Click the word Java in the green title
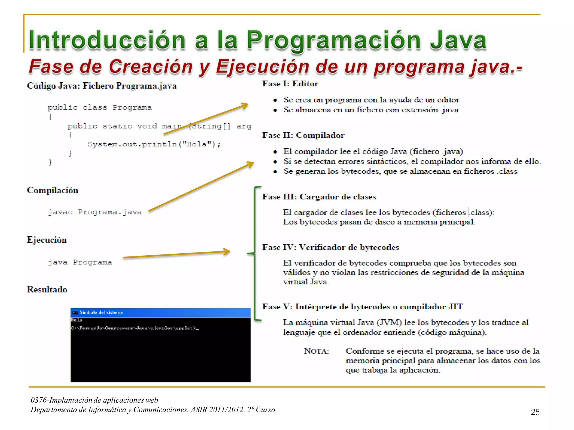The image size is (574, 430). click(458, 41)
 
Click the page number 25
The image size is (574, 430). click(535, 412)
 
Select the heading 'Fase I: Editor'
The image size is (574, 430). click(290, 84)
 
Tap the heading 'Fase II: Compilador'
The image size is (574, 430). click(303, 135)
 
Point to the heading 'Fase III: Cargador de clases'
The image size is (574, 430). click(319, 197)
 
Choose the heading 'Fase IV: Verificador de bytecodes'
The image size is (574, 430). click(330, 247)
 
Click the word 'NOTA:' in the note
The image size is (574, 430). click(316, 351)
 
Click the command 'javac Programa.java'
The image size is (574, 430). click(95, 212)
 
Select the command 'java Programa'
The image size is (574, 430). click(80, 262)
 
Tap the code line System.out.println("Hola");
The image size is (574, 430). click(154, 144)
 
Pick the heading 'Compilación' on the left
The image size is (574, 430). click(52, 190)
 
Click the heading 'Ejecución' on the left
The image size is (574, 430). click(47, 240)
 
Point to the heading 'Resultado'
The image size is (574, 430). click(47, 289)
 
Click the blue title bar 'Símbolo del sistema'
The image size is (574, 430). click(160, 312)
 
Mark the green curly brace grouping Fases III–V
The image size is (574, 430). click(254, 253)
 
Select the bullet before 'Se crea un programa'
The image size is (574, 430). click(275, 100)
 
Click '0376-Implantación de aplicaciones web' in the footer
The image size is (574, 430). click(94, 400)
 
